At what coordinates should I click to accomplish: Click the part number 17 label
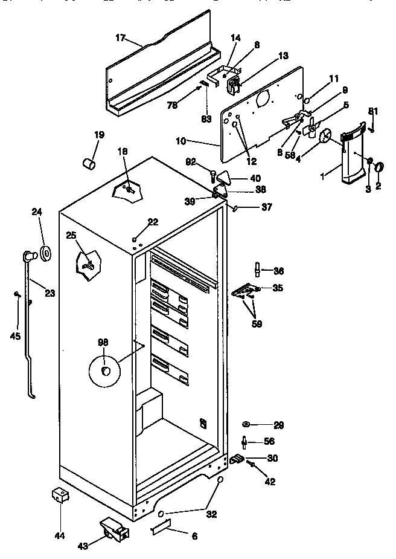coord(120,38)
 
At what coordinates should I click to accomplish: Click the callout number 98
coord(103,342)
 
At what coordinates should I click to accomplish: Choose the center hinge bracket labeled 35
coord(245,291)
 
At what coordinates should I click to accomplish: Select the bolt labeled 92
coord(212,176)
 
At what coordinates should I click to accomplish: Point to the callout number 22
coord(153,222)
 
